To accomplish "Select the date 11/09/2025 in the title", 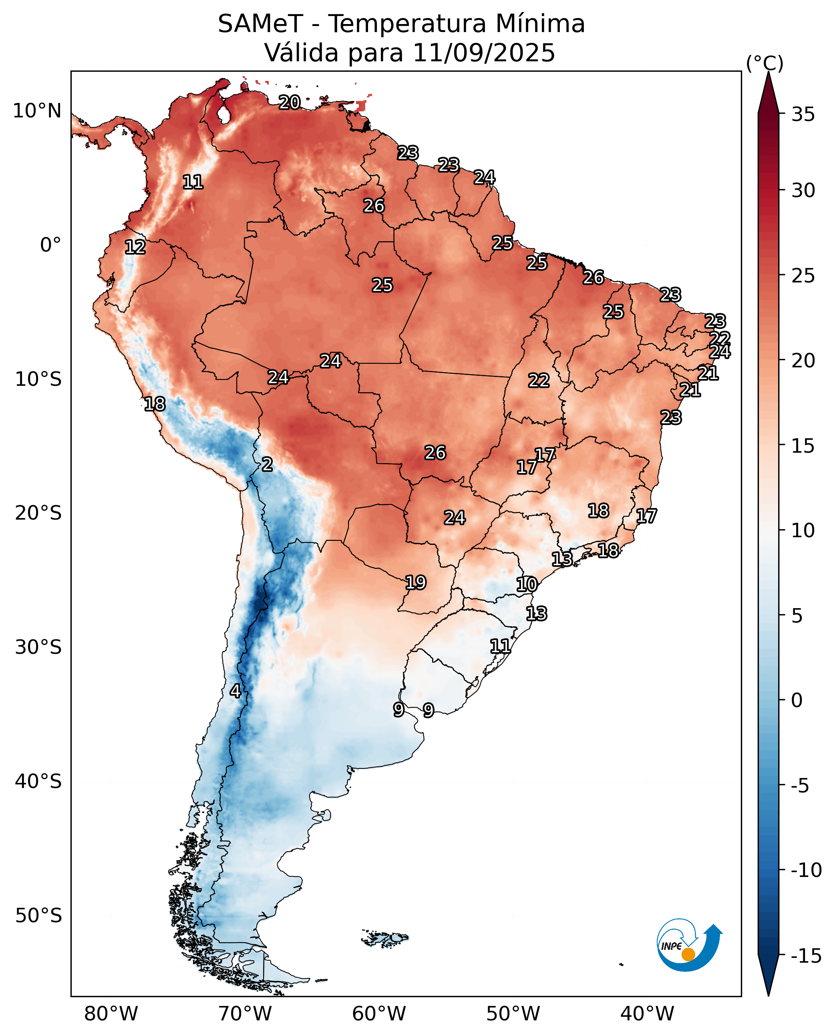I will tap(483, 53).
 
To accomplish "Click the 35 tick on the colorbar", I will tap(803, 115).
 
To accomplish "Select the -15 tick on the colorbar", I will tap(806, 956).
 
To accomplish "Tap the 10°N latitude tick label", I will tap(37, 111).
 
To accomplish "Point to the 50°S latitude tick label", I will tap(38, 916).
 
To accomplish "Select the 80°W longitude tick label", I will tap(111, 1014).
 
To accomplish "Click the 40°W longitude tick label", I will tap(647, 1014).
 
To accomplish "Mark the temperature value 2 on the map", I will tap(267, 464).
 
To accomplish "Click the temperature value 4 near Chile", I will tap(235, 691).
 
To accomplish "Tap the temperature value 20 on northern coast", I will tap(290, 103).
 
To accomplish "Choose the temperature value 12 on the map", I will tap(135, 247).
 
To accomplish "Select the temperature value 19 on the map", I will tap(416, 583).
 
